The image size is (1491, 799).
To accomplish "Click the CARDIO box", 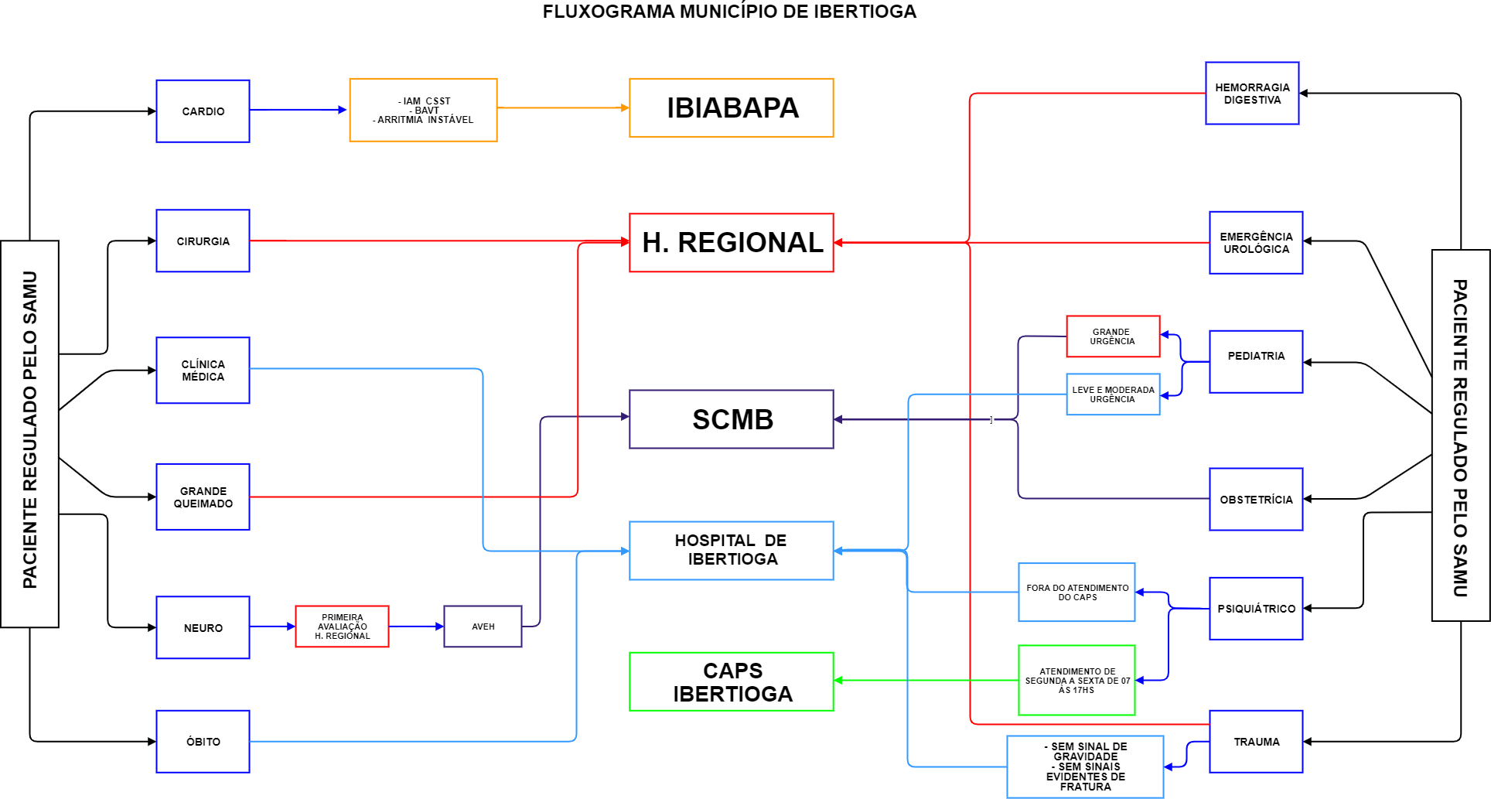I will point(203,111).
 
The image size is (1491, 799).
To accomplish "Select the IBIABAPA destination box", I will point(731,108).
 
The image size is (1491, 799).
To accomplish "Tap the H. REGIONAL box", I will point(731,243).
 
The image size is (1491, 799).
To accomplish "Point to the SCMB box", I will point(731,419).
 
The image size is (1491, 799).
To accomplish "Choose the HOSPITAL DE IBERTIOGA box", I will point(731,550).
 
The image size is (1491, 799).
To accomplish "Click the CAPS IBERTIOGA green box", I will point(731,681).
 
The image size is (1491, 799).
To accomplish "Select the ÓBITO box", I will point(203,741).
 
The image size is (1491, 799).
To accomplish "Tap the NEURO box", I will point(203,627).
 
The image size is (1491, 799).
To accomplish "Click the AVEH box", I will point(483,627).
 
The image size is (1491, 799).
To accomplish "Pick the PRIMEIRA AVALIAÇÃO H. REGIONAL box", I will point(342,627).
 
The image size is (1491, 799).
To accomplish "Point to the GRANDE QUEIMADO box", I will point(203,497).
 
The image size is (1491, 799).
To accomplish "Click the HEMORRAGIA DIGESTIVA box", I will point(1252,94).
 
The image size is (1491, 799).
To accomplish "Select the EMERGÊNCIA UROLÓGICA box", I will point(1256,243).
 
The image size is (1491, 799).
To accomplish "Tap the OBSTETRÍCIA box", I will point(1256,500).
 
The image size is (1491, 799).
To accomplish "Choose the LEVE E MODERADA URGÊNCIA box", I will point(1113,394).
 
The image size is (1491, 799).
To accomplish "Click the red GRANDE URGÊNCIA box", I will point(1113,336).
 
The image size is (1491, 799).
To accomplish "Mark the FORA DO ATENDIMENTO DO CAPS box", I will point(1076,592).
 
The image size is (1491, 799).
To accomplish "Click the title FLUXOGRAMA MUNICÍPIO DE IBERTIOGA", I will point(729,12).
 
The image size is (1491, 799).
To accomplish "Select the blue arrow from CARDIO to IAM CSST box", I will point(298,110).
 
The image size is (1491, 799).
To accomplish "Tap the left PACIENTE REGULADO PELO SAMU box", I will point(29,433).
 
